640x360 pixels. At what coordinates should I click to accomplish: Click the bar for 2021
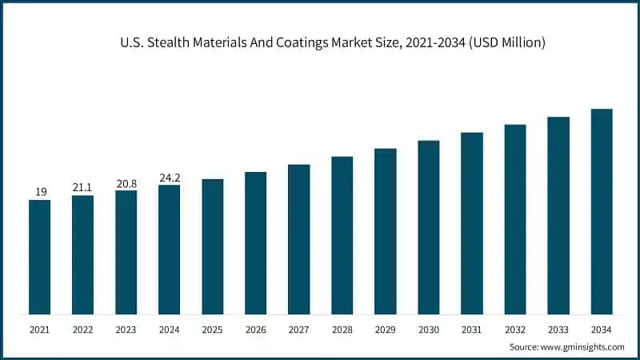coord(39,257)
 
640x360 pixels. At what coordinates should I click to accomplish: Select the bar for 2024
coord(169,250)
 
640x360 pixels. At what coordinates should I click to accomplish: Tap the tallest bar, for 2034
coord(602,211)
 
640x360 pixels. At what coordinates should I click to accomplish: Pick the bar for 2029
coord(386,231)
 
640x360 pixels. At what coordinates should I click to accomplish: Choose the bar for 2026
coord(255,243)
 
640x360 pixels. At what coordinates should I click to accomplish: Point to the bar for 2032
coord(515,219)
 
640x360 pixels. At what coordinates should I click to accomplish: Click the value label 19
coord(39,192)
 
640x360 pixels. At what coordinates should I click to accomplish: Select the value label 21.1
coord(82,187)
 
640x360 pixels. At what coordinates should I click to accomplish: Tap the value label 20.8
coord(126,182)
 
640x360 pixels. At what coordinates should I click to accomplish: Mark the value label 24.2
coord(169,178)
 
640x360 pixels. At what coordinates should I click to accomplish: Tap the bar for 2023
coord(126,252)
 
